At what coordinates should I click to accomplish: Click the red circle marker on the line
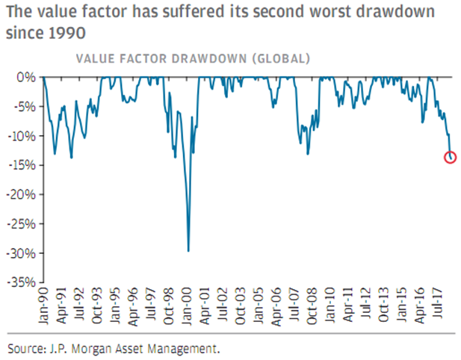point(451,157)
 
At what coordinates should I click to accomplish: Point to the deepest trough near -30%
point(188,251)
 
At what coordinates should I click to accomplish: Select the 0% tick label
point(27,77)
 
